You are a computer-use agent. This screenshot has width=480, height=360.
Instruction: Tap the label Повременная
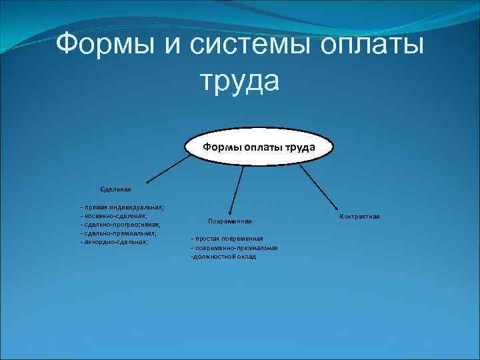click(x=229, y=221)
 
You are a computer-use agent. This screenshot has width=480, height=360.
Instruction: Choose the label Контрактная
click(x=359, y=217)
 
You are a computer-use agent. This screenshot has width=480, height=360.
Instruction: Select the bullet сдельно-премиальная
click(x=118, y=233)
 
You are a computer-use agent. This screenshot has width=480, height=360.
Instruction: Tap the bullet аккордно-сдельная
click(x=114, y=242)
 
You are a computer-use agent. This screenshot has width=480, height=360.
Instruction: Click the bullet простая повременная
click(x=227, y=239)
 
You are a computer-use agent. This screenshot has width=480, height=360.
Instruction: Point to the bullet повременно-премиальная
click(x=234, y=247)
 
